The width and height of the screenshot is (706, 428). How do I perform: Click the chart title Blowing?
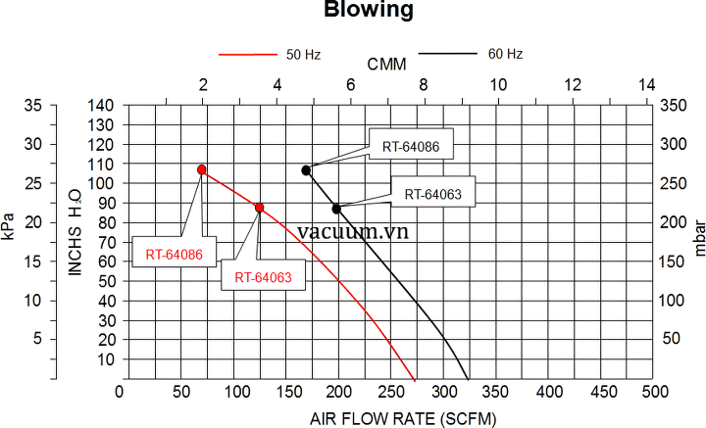pos(357,12)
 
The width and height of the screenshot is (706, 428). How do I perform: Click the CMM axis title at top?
pos(387,65)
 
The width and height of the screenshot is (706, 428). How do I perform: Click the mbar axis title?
pos(697,241)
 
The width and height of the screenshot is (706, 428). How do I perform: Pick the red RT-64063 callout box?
pos(263,277)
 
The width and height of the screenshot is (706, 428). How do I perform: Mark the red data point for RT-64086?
pos(202,169)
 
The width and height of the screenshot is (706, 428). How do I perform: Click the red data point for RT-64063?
pos(260,208)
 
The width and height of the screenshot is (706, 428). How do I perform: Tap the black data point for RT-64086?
pos(306,170)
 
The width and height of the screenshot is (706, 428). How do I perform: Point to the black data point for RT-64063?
pos(336,209)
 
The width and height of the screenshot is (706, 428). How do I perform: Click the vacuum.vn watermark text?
pos(352,231)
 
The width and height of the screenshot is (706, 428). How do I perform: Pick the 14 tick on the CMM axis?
pos(646,85)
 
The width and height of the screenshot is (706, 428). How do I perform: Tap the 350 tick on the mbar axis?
pos(672,105)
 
